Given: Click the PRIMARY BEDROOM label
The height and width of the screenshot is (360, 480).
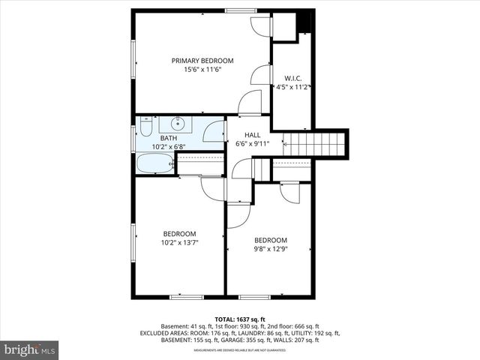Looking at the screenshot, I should [x=202, y=61].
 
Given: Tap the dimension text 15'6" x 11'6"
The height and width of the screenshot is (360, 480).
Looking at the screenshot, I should [x=202, y=70].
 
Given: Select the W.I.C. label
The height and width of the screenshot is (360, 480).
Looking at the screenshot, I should [x=292, y=78].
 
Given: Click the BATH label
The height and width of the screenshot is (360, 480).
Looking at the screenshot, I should [x=168, y=138].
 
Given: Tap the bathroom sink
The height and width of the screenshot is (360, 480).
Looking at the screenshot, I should [x=179, y=123].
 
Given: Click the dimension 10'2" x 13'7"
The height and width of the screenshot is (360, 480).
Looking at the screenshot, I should [x=179, y=242].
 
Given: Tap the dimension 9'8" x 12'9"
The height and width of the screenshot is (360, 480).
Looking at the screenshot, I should [x=270, y=249].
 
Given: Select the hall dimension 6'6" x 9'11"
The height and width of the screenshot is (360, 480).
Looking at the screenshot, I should [x=252, y=144].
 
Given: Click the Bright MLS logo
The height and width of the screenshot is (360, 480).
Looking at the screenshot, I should [x=30, y=349].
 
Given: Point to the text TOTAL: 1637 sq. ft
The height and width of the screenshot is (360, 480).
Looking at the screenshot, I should [x=240, y=318].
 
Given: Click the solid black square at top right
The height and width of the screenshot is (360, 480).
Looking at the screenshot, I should [x=305, y=22].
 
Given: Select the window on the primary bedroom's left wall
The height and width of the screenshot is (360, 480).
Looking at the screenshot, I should [x=134, y=60].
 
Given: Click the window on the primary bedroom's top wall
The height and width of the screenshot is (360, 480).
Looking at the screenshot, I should [x=241, y=10].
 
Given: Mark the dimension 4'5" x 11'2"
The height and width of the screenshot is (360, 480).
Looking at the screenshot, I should [x=292, y=87].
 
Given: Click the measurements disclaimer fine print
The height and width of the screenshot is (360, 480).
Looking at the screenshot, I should [x=240, y=350].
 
